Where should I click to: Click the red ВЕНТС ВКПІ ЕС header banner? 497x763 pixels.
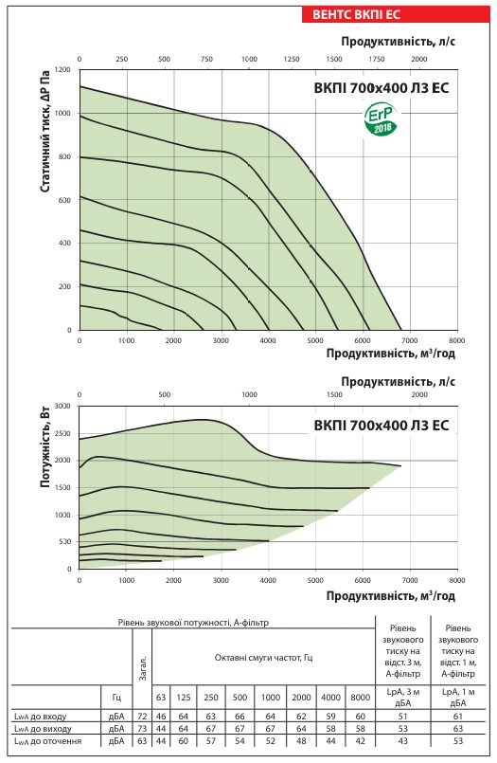396,13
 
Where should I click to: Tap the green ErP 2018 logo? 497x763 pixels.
381,119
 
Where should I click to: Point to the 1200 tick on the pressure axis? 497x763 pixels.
62,69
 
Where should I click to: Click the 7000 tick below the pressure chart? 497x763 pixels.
410,340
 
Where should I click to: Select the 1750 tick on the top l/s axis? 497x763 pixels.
377,60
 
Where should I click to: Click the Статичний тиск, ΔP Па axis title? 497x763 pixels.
44,132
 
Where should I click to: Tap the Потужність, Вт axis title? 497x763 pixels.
44,446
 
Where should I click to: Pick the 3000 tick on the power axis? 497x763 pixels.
62,406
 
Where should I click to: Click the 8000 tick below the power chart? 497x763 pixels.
456,580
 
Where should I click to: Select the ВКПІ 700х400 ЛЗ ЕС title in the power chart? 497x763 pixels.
382,426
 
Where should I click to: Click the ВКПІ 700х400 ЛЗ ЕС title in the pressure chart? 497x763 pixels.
382,88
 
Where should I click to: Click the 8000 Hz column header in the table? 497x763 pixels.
360,698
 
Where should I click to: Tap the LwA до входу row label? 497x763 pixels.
41,717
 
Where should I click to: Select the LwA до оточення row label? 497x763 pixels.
48,741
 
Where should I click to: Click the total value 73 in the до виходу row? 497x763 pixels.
142,729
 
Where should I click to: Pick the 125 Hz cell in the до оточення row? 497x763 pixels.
183,741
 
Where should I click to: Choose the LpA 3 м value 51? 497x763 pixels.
402,717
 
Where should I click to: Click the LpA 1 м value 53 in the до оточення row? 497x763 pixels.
458,741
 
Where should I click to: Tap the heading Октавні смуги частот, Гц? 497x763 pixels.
264,658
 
